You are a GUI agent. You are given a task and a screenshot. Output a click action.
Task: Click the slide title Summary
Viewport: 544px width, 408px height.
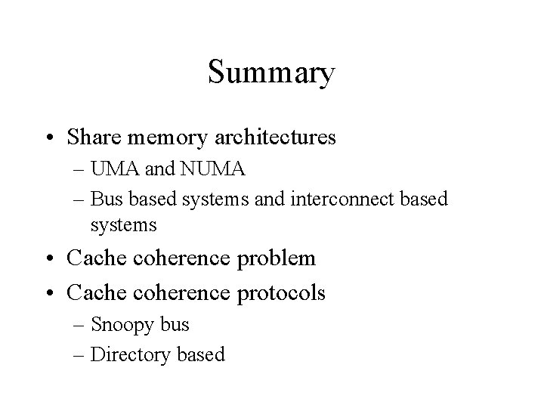pos(271,73)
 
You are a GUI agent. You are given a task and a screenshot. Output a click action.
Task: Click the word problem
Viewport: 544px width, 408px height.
pos(277,259)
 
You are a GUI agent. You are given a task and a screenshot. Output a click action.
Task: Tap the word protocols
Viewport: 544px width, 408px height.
pos(282,293)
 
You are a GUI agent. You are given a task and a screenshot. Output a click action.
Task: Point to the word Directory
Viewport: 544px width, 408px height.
pos(126,355)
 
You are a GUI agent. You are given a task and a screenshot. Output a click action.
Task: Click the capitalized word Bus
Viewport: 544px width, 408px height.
pos(104,199)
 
